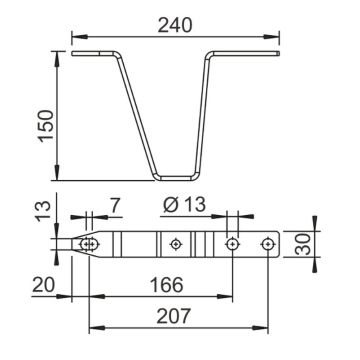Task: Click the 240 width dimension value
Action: point(175,25)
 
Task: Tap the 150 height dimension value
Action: point(46,126)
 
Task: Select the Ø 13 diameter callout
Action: point(184,204)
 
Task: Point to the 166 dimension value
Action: point(167,284)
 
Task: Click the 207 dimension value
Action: point(174,316)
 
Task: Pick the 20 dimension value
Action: point(43,285)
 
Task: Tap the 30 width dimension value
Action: point(303,244)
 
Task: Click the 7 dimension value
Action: point(114,205)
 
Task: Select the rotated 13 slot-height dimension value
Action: point(44,211)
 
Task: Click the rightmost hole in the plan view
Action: point(268,244)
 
